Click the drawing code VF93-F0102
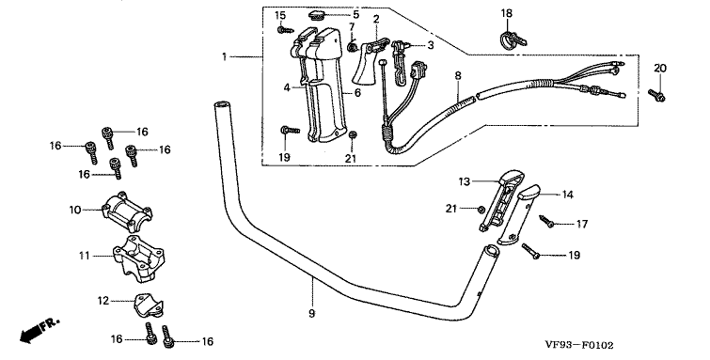click(579, 346)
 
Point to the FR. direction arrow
click(39, 330)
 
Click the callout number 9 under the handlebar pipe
click(311, 313)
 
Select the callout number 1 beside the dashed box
click(224, 56)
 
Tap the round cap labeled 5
click(318, 15)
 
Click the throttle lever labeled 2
click(369, 62)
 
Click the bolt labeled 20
click(656, 96)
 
